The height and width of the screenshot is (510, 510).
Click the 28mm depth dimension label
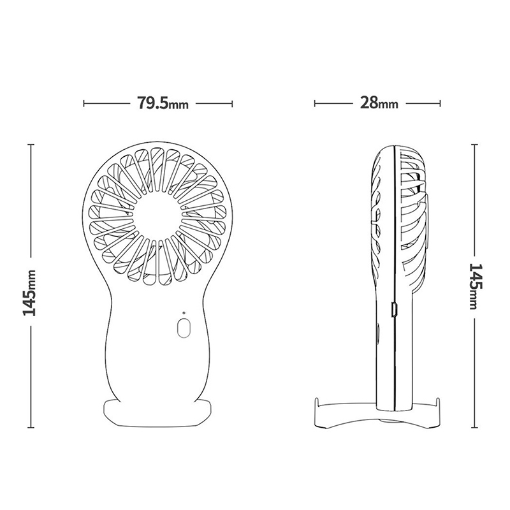pos(379,103)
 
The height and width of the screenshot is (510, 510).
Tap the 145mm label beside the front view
pos(29,293)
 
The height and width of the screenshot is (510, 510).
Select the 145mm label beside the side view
pos(476,286)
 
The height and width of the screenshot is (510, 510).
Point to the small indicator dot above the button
pos(184,313)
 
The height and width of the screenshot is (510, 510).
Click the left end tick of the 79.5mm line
pos(84,104)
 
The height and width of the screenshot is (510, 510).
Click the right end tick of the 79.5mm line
pos(232,104)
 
